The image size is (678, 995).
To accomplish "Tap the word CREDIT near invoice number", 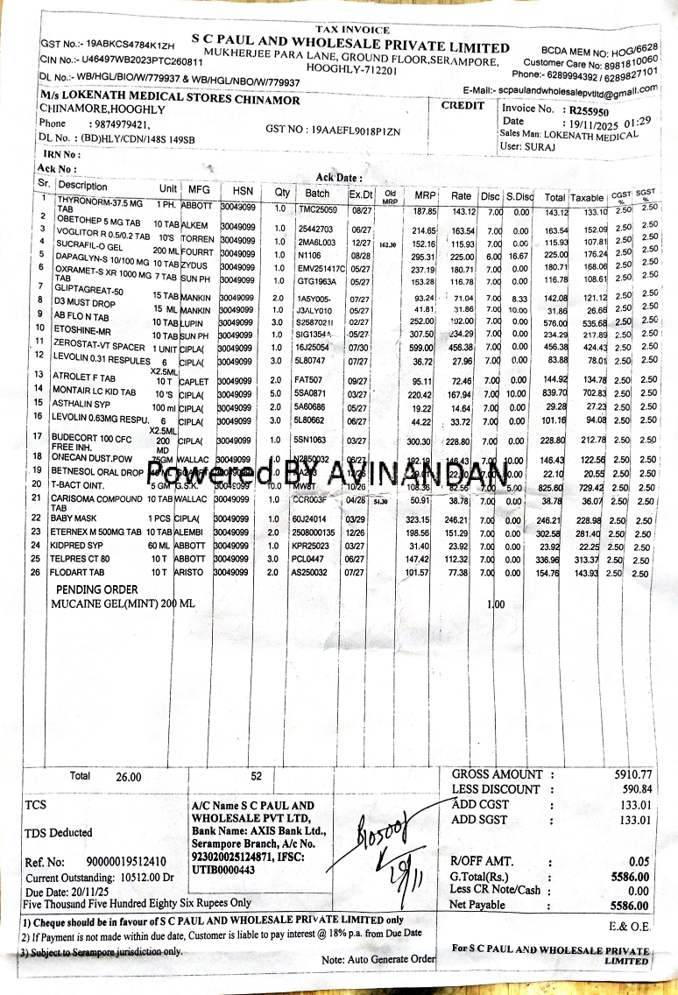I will tap(463, 106).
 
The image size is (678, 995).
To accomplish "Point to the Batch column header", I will tap(318, 194).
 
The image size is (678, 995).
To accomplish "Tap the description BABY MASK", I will tap(76, 519).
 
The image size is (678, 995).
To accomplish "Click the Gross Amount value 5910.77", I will tap(633, 774).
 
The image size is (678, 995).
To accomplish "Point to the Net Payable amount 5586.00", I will tap(630, 906).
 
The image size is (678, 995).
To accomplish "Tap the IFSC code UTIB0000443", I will tap(223, 870).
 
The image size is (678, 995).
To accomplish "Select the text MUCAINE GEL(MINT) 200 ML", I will tap(123, 605).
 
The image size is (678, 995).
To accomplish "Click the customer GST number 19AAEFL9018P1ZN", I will tap(333, 131).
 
